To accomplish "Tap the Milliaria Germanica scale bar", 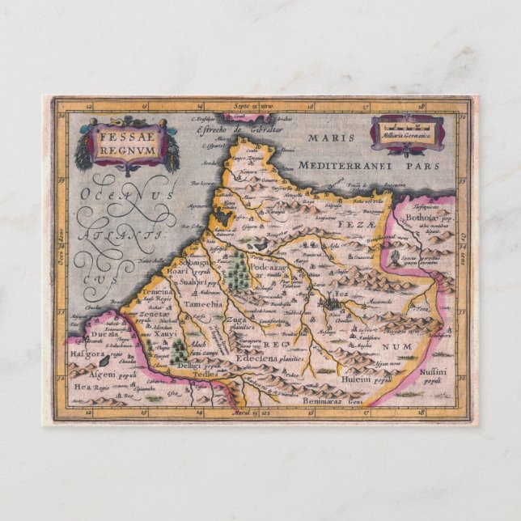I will coord(407,129).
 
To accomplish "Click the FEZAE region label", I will coord(361,220).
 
